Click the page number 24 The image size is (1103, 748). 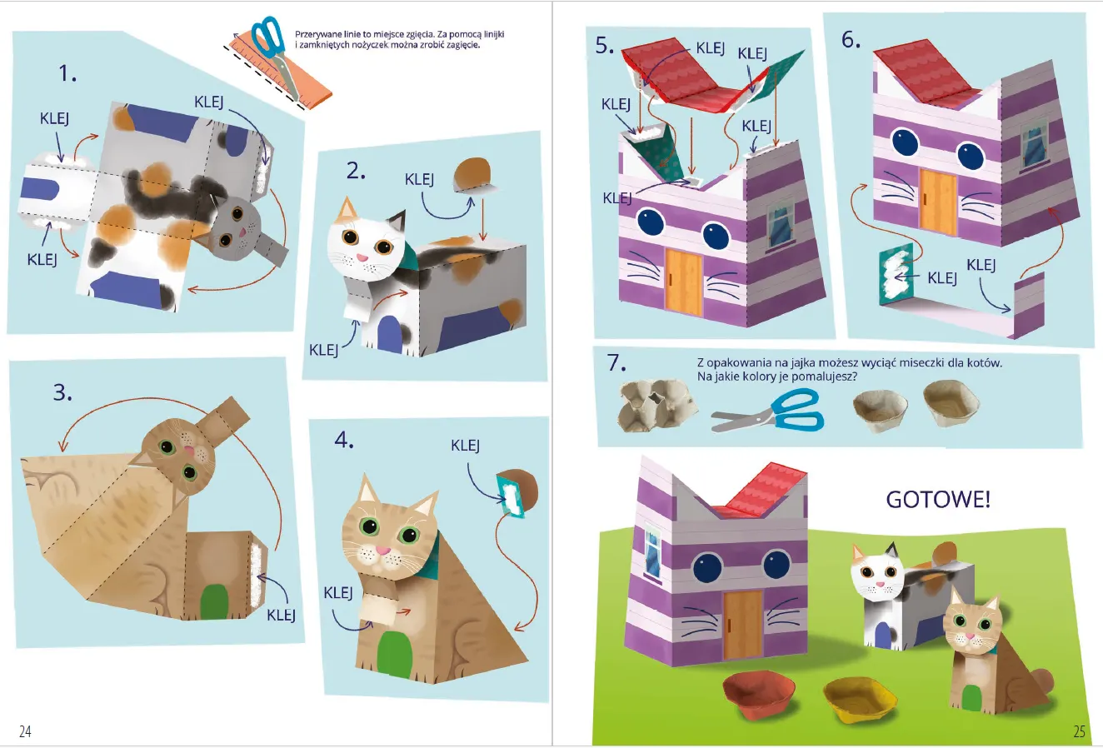click(25, 731)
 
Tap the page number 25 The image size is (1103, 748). click(1079, 731)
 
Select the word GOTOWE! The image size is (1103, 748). click(938, 500)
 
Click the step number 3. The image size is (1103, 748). click(62, 392)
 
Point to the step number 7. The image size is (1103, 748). click(616, 362)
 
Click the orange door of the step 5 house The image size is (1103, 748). click(683, 282)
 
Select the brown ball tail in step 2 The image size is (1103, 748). click(472, 175)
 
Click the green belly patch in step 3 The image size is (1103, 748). click(215, 601)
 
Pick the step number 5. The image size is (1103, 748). click(605, 46)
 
